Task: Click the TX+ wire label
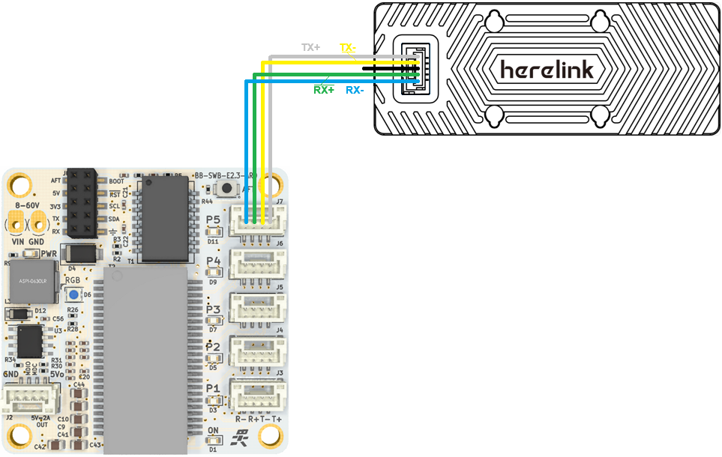click(310, 47)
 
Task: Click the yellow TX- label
click(346, 47)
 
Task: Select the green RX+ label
click(324, 91)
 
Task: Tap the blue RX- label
click(355, 91)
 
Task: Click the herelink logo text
click(547, 70)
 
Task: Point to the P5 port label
click(214, 220)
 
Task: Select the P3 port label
click(214, 309)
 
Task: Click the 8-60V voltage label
click(27, 204)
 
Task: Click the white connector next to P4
click(258, 264)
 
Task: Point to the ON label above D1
click(213, 431)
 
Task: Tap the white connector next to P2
click(258, 349)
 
